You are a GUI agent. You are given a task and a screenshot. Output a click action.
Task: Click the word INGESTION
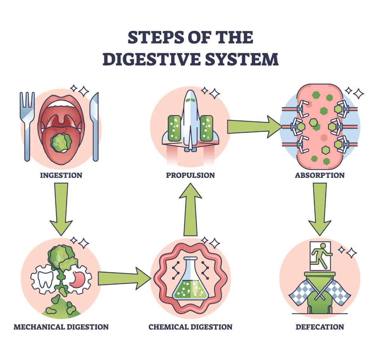[61, 175]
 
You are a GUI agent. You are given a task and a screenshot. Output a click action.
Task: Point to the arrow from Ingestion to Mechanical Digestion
[61, 210]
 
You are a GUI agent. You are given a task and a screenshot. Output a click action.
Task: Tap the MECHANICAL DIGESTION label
[61, 327]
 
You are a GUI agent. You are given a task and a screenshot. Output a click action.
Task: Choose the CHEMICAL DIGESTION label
[190, 327]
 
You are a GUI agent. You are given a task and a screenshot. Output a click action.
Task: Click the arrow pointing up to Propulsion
[190, 210]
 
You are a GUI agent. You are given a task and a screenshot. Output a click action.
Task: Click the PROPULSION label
[190, 175]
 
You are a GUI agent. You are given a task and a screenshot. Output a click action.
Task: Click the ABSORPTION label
[319, 175]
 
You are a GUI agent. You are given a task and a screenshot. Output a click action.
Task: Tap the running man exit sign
[320, 256]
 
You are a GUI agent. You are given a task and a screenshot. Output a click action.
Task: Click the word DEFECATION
[319, 327]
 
